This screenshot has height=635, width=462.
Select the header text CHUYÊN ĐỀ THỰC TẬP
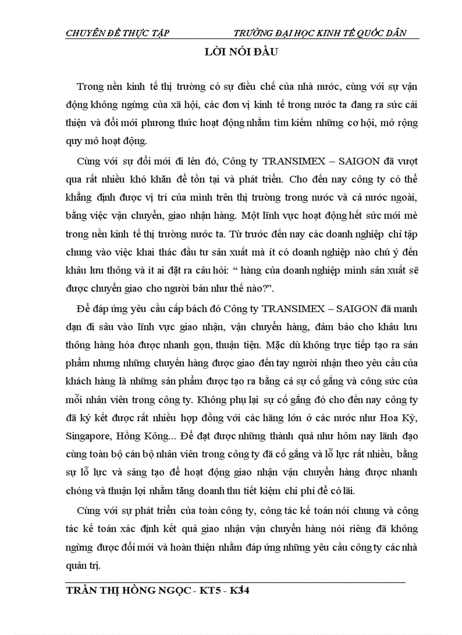tap(118, 33)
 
